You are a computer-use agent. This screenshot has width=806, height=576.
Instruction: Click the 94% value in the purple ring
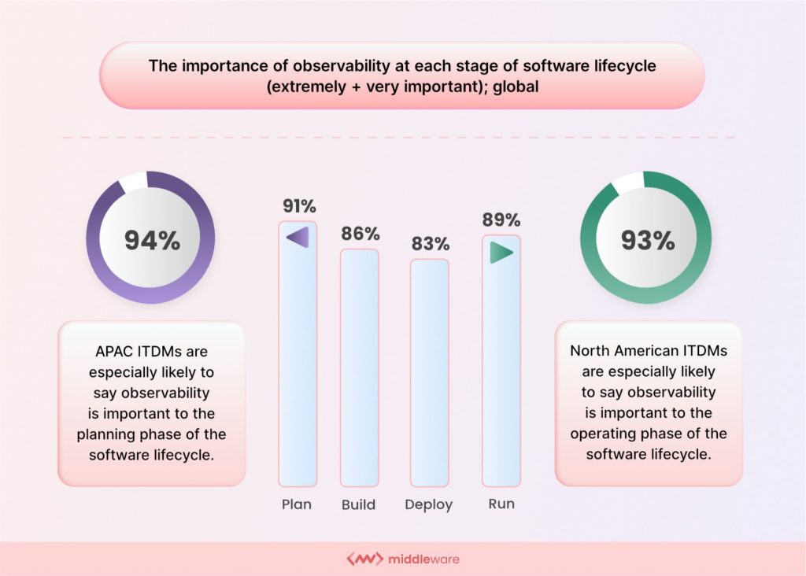(x=152, y=240)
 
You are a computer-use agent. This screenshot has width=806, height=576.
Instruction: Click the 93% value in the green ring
(x=647, y=240)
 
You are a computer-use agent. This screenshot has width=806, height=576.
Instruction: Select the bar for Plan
(x=298, y=354)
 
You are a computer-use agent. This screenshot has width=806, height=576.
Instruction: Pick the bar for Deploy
(x=429, y=374)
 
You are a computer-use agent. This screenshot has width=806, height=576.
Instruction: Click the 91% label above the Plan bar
(x=298, y=207)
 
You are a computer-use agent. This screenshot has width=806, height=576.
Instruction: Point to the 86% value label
(x=360, y=234)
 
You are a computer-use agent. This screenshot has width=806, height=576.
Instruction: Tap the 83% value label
(x=430, y=244)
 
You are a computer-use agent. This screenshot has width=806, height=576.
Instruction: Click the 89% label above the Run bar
(x=501, y=220)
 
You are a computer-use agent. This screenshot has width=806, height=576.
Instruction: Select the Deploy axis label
(x=429, y=505)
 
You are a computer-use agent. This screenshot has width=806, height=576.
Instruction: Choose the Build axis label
(x=358, y=505)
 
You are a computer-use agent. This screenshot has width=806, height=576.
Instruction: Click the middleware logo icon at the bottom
(x=364, y=559)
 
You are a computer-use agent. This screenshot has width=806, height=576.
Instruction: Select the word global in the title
(x=516, y=87)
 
